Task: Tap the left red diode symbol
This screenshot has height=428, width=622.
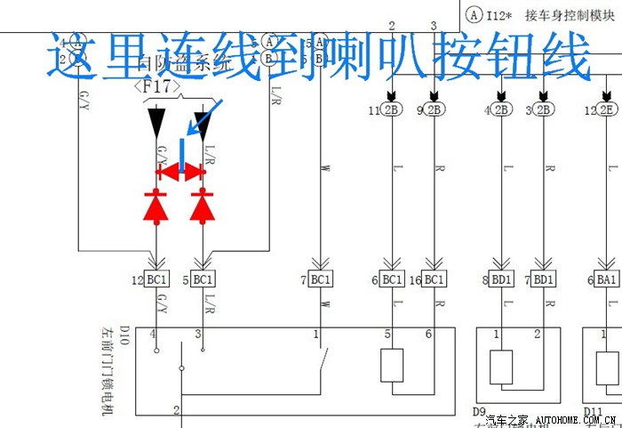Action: coord(157,206)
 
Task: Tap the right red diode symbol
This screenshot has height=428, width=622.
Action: coord(203,206)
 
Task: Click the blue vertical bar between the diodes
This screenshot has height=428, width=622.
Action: coord(181,156)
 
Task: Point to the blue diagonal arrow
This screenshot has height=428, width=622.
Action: coord(210,117)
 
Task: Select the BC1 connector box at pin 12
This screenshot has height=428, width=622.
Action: coord(157,279)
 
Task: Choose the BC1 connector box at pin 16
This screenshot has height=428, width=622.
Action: coord(434,279)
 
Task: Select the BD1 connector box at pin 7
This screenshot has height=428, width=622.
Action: coord(545,279)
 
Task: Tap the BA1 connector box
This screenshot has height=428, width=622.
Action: coord(609,279)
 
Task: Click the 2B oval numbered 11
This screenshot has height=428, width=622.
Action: coord(392,110)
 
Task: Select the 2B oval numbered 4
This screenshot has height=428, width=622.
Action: coord(502,110)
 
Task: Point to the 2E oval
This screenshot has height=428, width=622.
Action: coord(609,110)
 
